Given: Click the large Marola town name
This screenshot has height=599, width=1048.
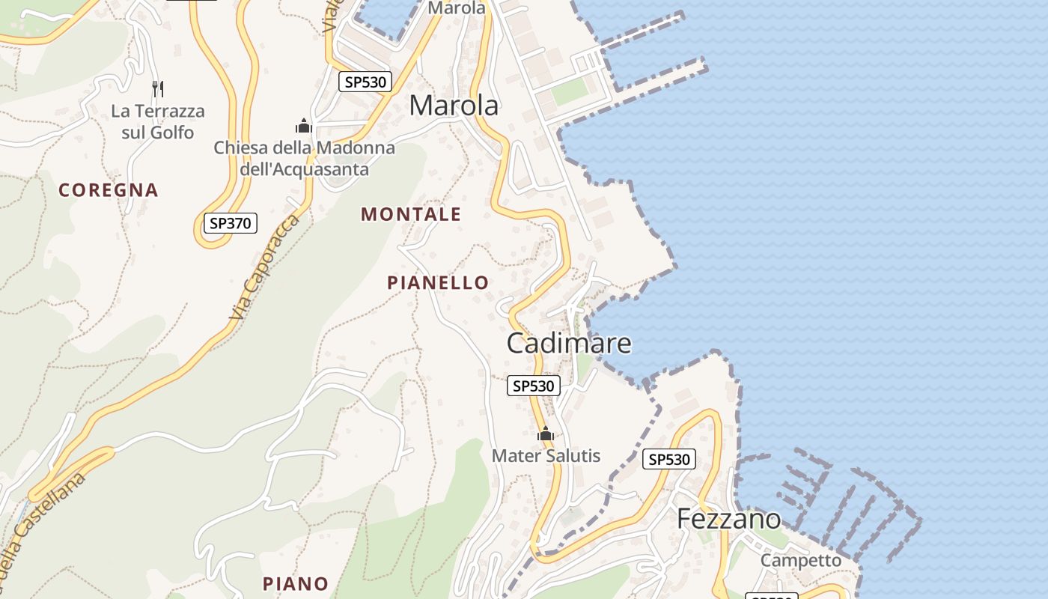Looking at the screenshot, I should (x=454, y=106).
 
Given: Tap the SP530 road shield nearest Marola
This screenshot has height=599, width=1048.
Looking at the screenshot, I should (x=365, y=82).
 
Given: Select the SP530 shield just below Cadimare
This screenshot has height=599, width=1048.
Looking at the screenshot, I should (x=534, y=386).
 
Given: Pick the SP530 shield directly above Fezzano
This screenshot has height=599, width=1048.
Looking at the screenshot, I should (x=669, y=459).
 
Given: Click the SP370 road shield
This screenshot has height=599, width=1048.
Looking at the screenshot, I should (x=231, y=222).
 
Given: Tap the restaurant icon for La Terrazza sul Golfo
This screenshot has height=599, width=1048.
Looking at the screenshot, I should (x=157, y=89).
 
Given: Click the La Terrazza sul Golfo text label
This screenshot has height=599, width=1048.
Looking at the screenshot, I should (x=157, y=122).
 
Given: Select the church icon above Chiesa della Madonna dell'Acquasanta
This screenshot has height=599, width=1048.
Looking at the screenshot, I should (x=303, y=126).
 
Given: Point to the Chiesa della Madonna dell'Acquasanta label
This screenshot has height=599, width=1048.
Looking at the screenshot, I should (x=304, y=159).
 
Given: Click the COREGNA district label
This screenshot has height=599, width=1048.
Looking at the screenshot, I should (x=109, y=190).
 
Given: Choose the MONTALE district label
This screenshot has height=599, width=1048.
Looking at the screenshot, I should (x=411, y=215).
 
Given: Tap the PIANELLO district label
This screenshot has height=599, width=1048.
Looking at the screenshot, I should (x=438, y=283).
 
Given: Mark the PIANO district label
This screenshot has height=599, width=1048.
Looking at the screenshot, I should (x=296, y=583).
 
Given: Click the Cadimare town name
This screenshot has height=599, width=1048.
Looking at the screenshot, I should (x=569, y=344).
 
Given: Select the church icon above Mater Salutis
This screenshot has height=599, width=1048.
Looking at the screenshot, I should (x=546, y=434).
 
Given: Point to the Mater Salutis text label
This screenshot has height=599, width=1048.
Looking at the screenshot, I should (x=546, y=455).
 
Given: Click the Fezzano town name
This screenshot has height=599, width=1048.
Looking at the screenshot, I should (x=728, y=519).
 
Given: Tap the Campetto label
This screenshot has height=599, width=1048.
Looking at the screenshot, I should (x=800, y=560).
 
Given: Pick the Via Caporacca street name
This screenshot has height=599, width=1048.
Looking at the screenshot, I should (x=265, y=267).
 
